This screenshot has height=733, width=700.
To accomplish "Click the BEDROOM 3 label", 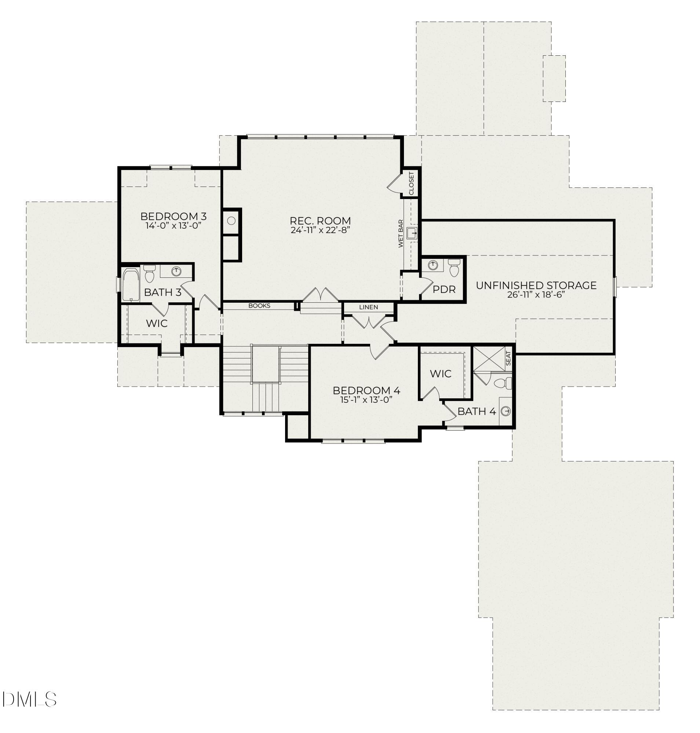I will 173,216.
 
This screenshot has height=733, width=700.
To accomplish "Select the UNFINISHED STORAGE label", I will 536,286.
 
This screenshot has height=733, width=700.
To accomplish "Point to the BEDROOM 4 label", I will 366,391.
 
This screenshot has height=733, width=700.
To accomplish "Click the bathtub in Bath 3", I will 131,284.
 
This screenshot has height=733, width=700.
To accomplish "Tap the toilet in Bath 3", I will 149,275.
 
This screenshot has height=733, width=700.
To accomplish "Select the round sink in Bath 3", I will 176,271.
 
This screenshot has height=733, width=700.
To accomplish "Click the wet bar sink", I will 412,233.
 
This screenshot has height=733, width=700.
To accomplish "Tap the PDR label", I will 444,290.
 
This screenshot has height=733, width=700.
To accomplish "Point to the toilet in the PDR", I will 454,268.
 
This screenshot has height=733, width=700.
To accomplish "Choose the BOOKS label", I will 259,306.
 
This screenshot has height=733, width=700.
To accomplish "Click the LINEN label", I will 368,307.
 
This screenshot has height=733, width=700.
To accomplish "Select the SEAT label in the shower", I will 508,358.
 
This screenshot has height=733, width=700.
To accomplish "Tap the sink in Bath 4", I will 506,411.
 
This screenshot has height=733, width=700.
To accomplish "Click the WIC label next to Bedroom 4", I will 440,373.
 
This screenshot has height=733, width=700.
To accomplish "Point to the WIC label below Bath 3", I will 156,323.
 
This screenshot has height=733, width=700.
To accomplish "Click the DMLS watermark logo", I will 29,699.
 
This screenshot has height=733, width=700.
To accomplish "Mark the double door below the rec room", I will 321,295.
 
